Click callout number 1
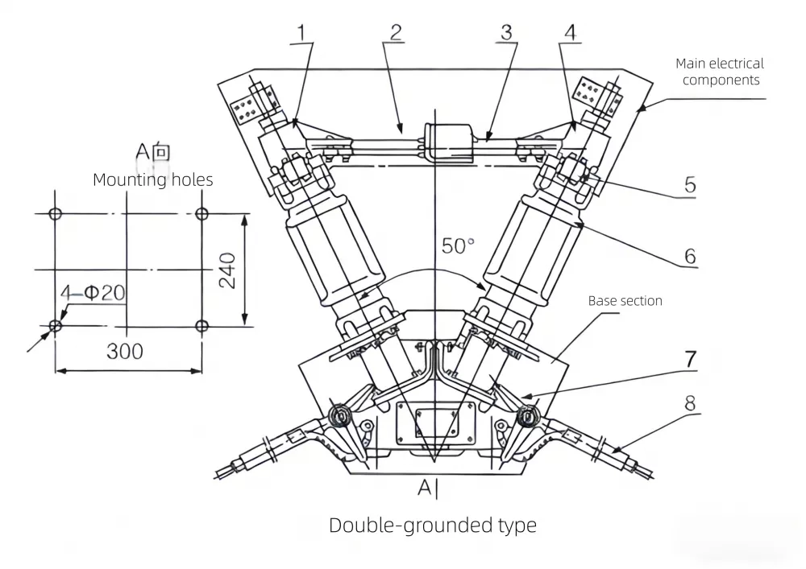(x=302, y=33)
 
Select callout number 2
(x=396, y=33)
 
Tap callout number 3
(x=506, y=33)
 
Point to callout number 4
(x=571, y=33)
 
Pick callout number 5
(x=689, y=183)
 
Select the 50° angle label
(x=459, y=245)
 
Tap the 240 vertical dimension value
(x=228, y=271)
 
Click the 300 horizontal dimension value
(x=125, y=352)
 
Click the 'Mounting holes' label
(x=153, y=179)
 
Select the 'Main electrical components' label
(x=719, y=72)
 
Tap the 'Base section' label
(x=625, y=301)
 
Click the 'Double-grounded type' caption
(x=433, y=526)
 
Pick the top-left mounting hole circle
(x=55, y=214)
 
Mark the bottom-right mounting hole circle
(x=202, y=326)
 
